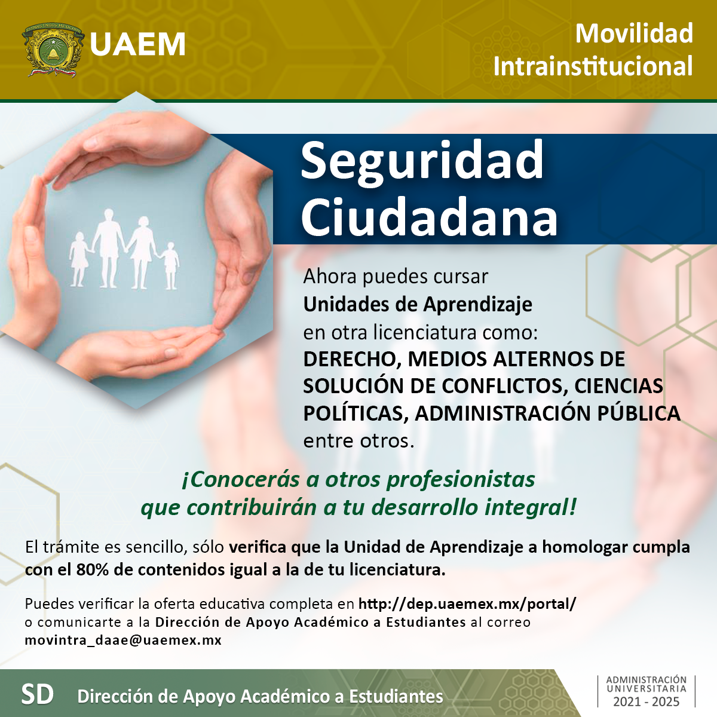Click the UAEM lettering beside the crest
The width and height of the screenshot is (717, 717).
(137, 44)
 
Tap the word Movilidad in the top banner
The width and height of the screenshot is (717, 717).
(634, 33)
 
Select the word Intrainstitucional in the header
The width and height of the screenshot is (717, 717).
(593, 66)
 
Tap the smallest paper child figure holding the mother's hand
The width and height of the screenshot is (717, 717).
(170, 266)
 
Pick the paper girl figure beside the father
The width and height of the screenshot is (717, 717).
(79, 259)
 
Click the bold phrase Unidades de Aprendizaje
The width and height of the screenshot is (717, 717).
(418, 304)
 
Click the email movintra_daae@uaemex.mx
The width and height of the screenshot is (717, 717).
(123, 640)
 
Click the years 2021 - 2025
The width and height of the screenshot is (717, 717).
(646, 701)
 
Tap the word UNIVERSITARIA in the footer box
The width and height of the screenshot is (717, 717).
(646, 688)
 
